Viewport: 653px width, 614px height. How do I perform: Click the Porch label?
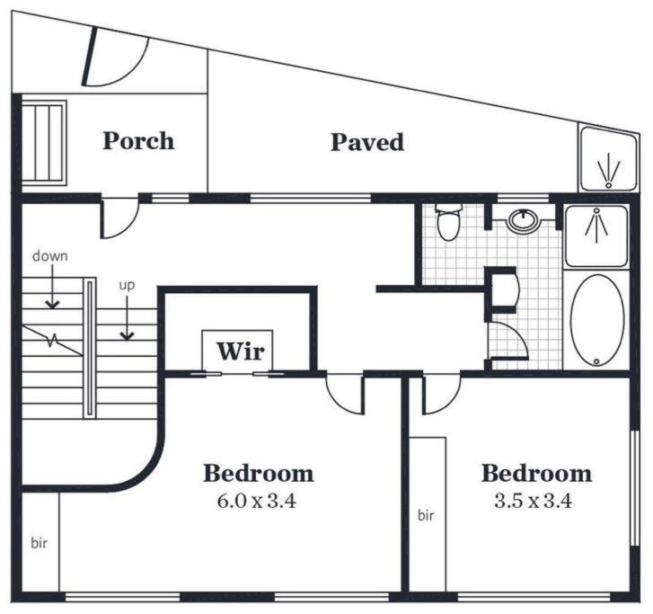[138, 141]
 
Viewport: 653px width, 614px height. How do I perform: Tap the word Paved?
[367, 142]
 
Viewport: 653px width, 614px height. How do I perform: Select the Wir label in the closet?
[241, 351]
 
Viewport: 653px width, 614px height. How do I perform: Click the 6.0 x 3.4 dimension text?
[257, 501]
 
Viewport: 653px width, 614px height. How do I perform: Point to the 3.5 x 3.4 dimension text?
[533, 501]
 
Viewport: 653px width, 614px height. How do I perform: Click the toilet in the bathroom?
[448, 222]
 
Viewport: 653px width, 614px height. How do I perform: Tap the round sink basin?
[523, 220]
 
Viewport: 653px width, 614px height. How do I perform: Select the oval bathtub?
[597, 320]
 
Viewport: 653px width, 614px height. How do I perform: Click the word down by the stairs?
[50, 255]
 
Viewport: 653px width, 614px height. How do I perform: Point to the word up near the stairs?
[127, 286]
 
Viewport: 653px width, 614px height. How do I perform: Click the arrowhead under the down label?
[52, 304]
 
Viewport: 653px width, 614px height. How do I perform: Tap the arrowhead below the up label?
[127, 335]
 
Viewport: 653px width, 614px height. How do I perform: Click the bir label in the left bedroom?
[40, 543]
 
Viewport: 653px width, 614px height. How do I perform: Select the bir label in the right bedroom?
[426, 515]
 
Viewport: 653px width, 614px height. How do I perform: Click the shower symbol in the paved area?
[609, 171]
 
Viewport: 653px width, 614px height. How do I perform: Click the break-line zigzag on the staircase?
[52, 340]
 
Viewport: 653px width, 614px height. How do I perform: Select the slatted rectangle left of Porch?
[44, 143]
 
